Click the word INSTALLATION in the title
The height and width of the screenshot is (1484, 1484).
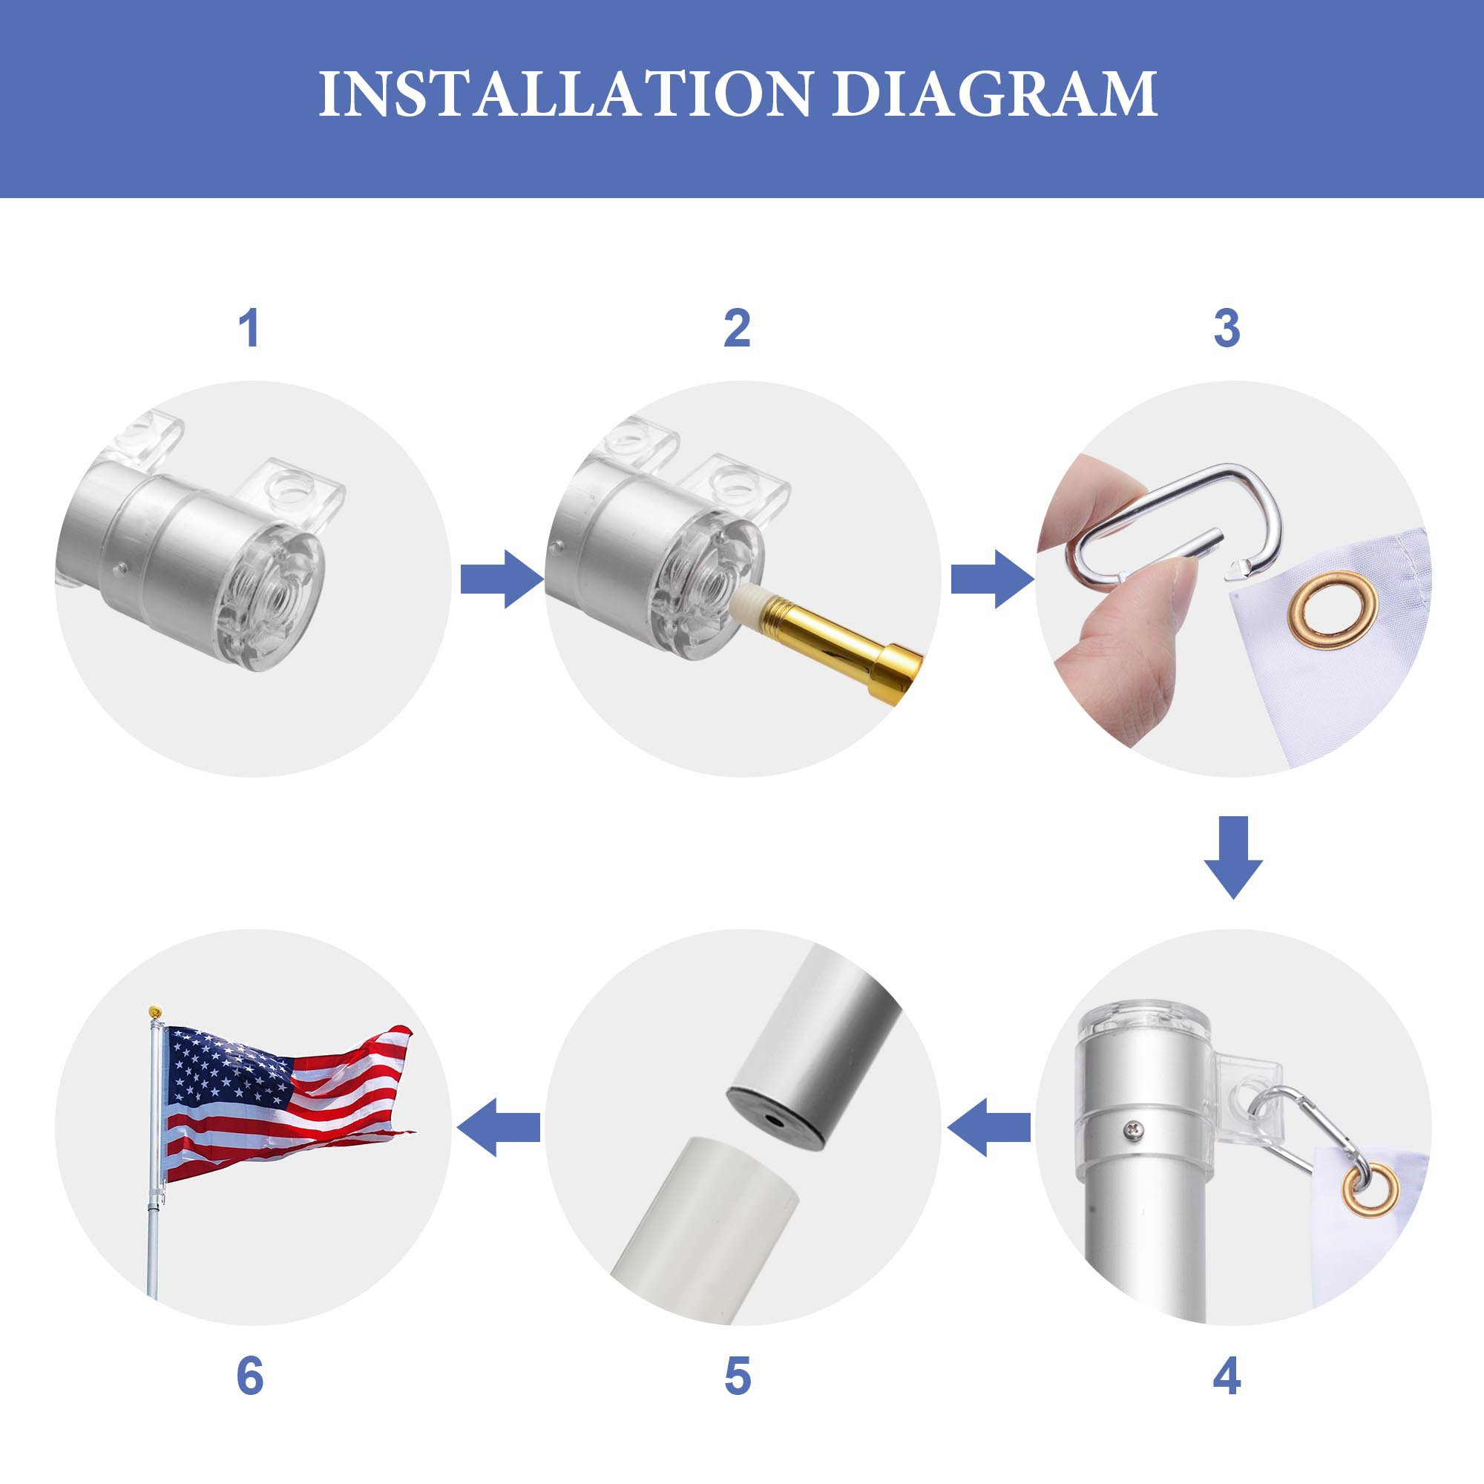click(x=565, y=93)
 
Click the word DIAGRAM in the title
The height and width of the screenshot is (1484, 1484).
click(x=995, y=93)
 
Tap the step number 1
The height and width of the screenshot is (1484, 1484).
click(x=249, y=329)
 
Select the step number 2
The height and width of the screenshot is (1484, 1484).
click(x=738, y=329)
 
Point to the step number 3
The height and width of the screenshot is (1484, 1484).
click(x=1227, y=329)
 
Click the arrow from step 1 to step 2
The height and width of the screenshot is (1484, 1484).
click(x=502, y=580)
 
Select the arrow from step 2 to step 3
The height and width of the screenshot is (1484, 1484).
click(x=992, y=580)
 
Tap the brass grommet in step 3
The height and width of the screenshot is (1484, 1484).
click(x=1333, y=610)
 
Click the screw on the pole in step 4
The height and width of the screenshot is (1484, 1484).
click(x=1134, y=1129)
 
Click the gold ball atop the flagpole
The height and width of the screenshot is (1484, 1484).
click(x=155, y=1011)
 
